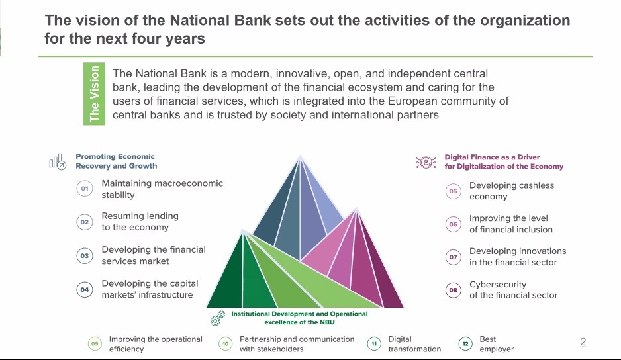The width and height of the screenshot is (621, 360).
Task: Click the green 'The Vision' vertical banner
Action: (94, 94)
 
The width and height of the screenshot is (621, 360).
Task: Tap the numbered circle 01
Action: (85, 189)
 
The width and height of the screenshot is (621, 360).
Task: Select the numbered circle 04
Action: (85, 289)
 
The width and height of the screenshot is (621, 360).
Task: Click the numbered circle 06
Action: (453, 224)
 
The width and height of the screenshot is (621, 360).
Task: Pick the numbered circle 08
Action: (453, 290)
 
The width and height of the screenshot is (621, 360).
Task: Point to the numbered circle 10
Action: (225, 343)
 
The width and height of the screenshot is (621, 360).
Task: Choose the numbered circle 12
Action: (465, 343)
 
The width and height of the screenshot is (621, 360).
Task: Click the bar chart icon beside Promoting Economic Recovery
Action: (58, 162)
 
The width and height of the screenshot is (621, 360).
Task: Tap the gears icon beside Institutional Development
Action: (218, 318)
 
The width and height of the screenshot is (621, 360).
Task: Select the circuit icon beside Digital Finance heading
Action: (426, 162)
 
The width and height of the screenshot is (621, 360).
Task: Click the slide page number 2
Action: (583, 342)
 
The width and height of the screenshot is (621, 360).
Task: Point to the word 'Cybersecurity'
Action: (498, 285)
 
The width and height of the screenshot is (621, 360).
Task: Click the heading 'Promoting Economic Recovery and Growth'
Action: (116, 161)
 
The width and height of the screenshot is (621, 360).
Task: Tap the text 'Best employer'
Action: (497, 344)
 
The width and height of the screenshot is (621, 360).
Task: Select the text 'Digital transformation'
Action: (414, 344)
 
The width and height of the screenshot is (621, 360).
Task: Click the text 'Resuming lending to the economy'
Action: (140, 222)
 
